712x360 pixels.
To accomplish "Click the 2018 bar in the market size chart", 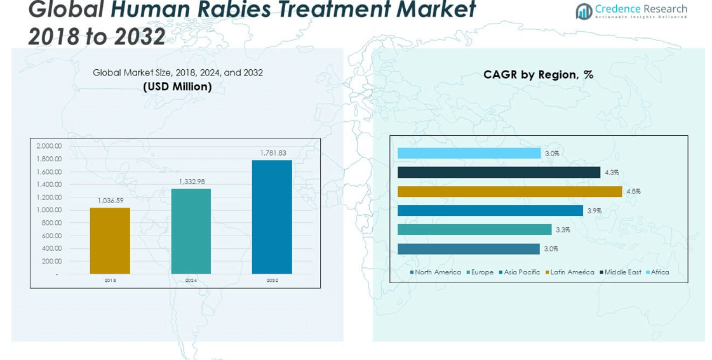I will (x=110, y=241).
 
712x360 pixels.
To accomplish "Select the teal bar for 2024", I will (x=191, y=231).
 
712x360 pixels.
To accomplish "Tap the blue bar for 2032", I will (x=272, y=217).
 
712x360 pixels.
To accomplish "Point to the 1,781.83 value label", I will (x=273, y=153).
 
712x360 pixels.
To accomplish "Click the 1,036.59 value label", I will (x=111, y=201).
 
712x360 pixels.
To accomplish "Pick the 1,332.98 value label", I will (x=191, y=182).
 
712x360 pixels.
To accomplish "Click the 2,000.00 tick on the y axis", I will (x=49, y=146).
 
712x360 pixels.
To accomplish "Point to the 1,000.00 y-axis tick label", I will (x=49, y=210).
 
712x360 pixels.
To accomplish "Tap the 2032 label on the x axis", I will (x=272, y=280).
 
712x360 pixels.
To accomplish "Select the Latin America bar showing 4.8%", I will (x=509, y=191).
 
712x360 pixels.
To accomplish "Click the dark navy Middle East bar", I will (x=499, y=172).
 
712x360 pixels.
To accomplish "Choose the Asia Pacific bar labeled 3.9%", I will (x=490, y=210).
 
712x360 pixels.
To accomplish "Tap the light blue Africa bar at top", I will (x=469, y=153).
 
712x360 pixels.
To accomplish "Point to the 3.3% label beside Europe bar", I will (x=563, y=230).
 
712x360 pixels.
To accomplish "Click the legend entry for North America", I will (x=436, y=272).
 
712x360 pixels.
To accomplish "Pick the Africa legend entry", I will (x=657, y=272).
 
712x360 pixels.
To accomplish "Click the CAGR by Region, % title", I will (x=538, y=75).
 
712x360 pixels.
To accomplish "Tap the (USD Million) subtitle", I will (x=177, y=87).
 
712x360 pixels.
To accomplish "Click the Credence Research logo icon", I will (x=584, y=11).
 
